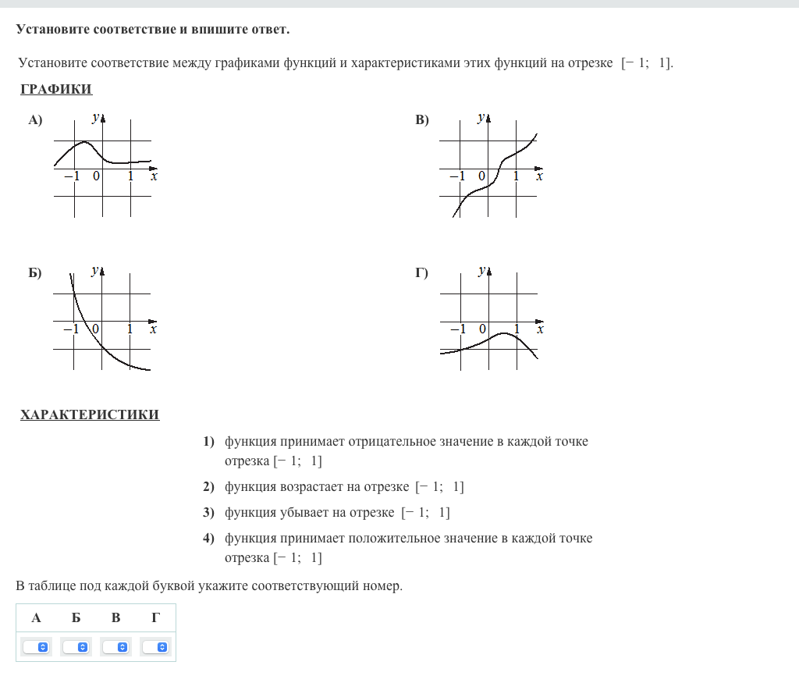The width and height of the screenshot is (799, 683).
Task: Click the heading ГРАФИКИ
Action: point(56,89)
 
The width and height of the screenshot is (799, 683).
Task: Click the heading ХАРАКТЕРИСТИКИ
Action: point(90,414)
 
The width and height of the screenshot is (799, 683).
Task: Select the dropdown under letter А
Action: point(37,647)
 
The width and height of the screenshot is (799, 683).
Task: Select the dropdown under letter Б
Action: point(76,647)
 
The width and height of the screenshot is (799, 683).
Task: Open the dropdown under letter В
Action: point(116,647)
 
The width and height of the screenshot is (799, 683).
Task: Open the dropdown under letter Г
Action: point(156,647)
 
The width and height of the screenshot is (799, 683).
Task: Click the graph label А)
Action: point(35,119)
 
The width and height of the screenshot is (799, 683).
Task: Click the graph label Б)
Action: point(35,273)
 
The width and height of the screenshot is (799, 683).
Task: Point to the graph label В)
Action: point(422,119)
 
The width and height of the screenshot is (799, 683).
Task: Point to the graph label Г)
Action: point(422,273)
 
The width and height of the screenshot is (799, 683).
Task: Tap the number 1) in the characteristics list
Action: point(208,442)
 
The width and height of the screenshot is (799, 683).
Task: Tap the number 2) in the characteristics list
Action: point(208,487)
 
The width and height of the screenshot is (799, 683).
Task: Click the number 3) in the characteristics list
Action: point(208,513)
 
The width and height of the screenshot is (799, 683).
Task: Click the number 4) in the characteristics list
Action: point(208,539)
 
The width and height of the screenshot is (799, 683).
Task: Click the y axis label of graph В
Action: point(481,118)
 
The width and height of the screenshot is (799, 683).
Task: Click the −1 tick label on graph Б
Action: point(71,329)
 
